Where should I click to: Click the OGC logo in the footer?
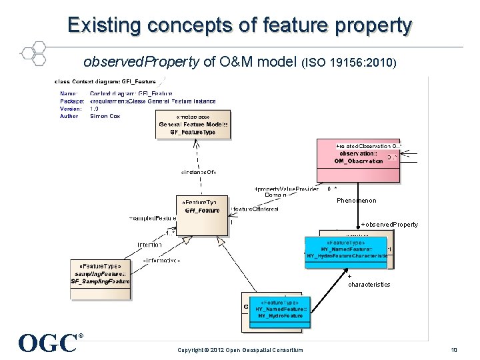tap(51, 342)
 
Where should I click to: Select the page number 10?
tap(453, 350)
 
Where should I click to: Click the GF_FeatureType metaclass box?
tap(193, 125)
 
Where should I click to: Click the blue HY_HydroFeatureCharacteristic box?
tap(346, 251)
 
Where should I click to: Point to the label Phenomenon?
tap(356, 201)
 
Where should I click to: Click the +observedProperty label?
tap(389, 225)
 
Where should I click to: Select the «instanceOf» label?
tap(198, 172)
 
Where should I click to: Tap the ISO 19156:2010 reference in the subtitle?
tap(350, 63)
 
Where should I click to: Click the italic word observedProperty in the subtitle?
tap(141, 63)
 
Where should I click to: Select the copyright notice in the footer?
tap(239, 350)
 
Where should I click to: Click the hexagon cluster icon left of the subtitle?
tap(31, 51)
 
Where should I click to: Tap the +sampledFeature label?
tap(152, 218)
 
